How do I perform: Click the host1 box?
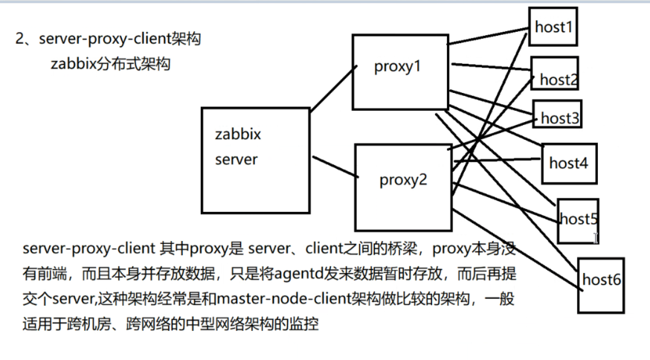point(553,27)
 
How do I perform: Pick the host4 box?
point(569,161)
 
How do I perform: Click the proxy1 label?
point(397,67)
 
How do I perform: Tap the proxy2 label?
point(403,179)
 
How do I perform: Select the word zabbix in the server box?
point(238,135)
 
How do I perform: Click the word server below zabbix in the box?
point(236,159)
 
